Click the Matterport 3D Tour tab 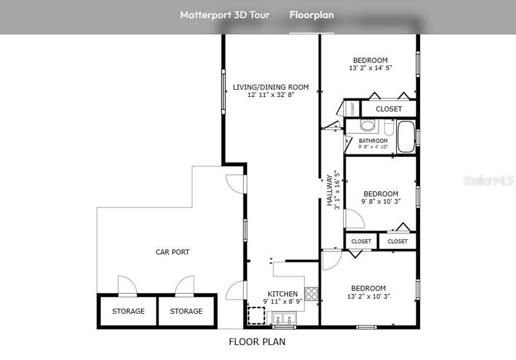[225, 15]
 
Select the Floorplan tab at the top [311, 15]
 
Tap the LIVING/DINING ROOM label [271, 87]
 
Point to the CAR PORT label [172, 252]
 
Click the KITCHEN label [282, 294]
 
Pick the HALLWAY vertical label [330, 190]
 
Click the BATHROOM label [373, 141]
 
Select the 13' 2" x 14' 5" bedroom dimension [370, 68]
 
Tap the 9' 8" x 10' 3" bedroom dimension [381, 201]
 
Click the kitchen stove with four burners [311, 293]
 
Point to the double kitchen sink [284, 318]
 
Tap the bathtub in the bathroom [406, 137]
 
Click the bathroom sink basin [368, 125]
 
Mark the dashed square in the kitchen [256, 315]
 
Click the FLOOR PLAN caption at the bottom [257, 342]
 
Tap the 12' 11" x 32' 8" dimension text [271, 94]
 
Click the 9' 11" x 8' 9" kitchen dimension [282, 301]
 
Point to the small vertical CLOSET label [353, 108]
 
